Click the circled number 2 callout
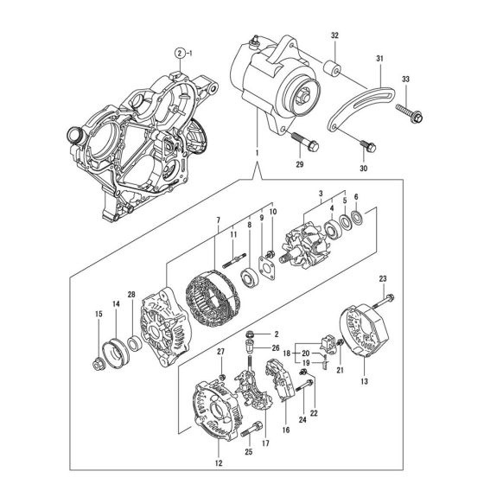click(x=179, y=54)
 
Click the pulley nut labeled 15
click(x=98, y=358)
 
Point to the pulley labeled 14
click(x=115, y=350)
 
